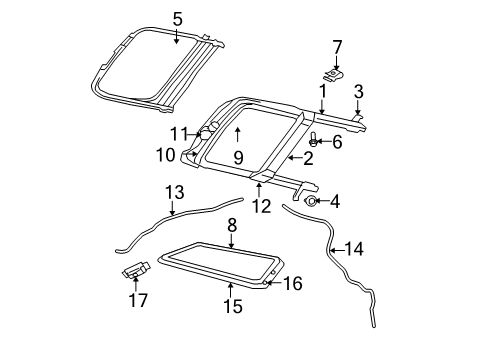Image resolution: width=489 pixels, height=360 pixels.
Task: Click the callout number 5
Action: tap(177, 18)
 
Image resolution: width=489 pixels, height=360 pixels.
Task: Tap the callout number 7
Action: tap(337, 46)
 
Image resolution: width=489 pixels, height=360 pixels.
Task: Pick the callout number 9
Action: tap(237, 157)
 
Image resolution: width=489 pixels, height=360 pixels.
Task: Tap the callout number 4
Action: tap(334, 201)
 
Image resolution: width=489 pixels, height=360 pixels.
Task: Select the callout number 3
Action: tap(358, 91)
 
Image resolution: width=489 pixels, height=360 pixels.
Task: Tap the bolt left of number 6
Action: tap(314, 141)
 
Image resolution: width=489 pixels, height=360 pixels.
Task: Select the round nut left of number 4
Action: tap(311, 201)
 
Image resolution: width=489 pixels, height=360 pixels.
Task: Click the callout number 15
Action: tap(232, 306)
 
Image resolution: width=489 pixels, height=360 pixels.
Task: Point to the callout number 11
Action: tap(179, 133)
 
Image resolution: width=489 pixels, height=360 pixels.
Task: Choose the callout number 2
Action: tap(309, 157)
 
